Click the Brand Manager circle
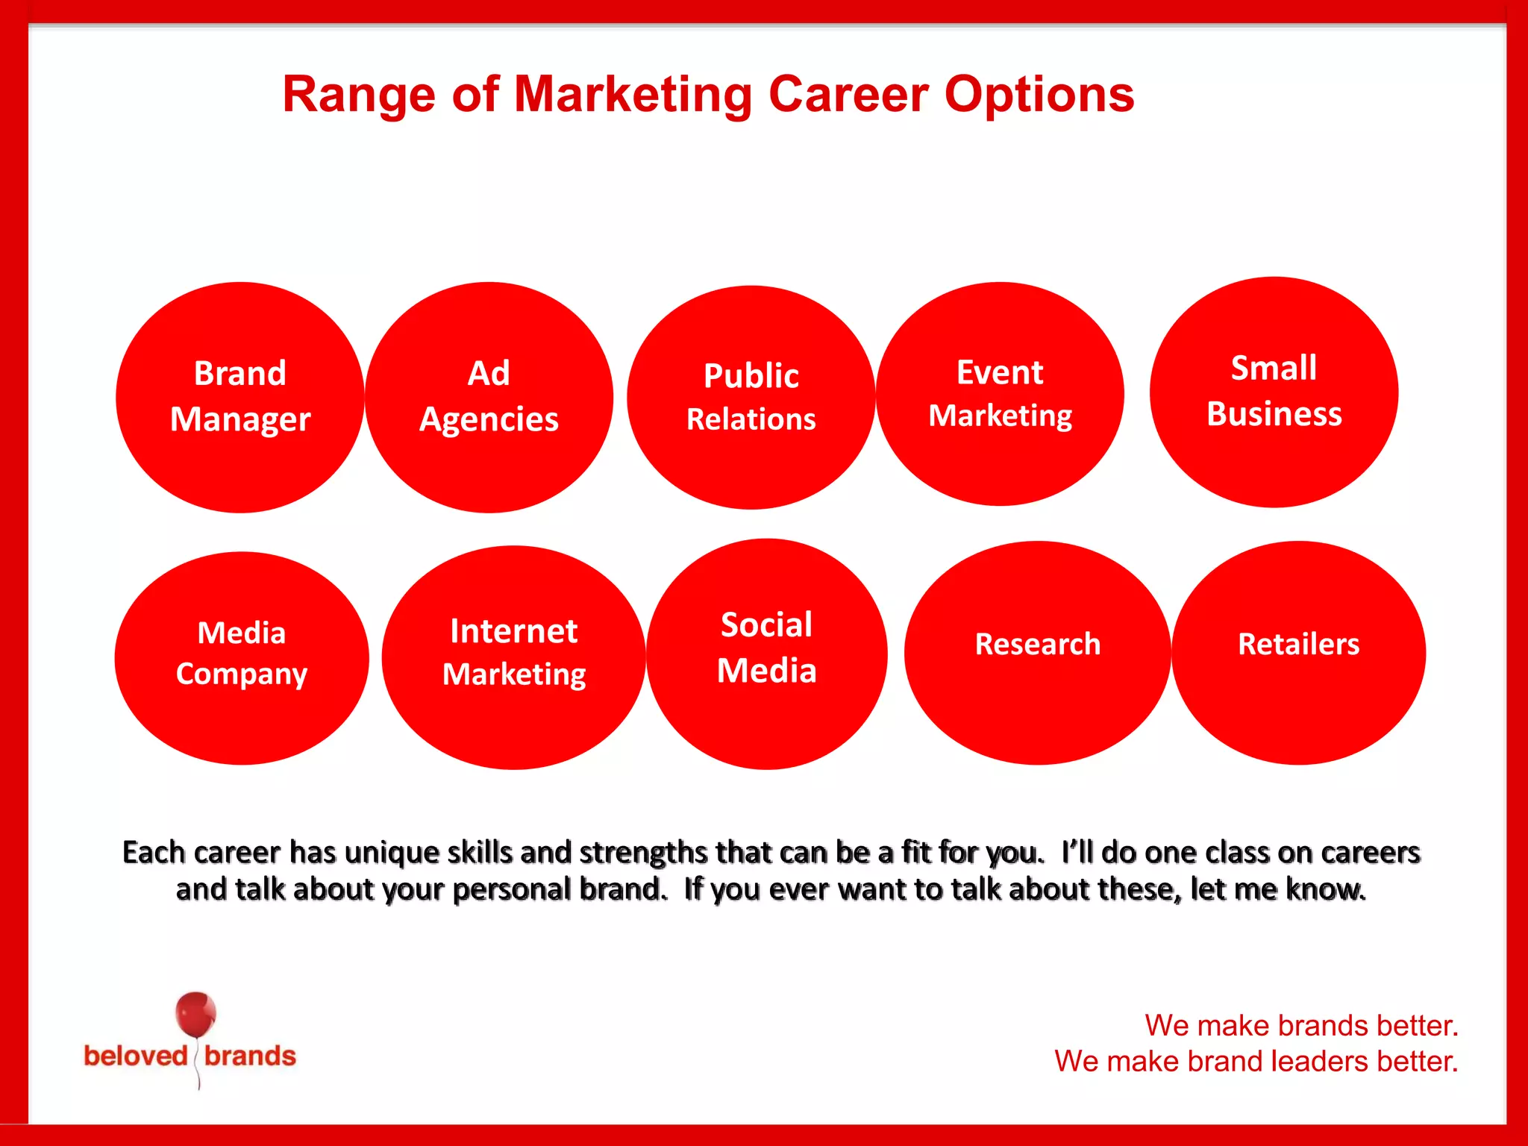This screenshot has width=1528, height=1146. point(240,397)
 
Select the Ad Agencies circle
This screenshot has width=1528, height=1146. point(489,397)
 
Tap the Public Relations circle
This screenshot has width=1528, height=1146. point(751,398)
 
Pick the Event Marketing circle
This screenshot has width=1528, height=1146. point(1000,394)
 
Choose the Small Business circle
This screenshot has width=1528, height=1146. point(1274,392)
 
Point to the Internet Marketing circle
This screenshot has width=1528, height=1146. point(514,657)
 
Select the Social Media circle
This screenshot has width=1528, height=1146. point(767,654)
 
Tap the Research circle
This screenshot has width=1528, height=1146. point(1038,653)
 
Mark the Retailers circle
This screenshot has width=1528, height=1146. point(1299,653)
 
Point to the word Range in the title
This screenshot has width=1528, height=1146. point(358,95)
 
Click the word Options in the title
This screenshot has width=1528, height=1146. point(1039,95)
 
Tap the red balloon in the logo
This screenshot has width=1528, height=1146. point(195,1014)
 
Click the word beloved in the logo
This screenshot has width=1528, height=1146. point(135,1056)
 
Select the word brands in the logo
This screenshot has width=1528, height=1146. point(250,1056)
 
